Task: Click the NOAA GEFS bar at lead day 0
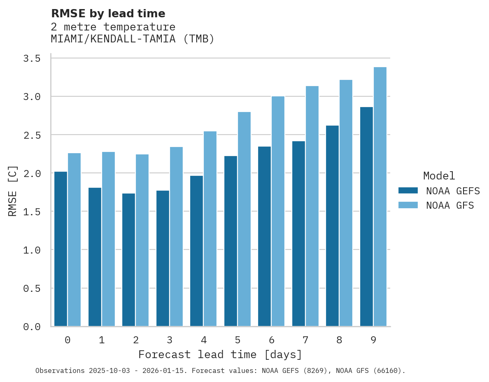[x=61, y=249]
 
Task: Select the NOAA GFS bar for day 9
[x=380, y=197]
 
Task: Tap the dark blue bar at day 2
[x=128, y=260]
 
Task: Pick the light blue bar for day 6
[x=278, y=211]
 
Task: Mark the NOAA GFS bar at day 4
[x=210, y=229]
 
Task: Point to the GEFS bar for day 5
[x=231, y=241]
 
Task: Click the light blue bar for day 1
[x=108, y=239]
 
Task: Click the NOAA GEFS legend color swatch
[x=408, y=191]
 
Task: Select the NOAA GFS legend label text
[x=450, y=205]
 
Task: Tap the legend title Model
[x=439, y=176]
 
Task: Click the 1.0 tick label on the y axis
[x=32, y=250]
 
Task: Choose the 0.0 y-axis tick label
[x=32, y=327]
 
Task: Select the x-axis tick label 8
[x=339, y=340]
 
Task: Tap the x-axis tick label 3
[x=169, y=340]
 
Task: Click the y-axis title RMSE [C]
[x=13, y=191]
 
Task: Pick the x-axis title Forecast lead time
[x=220, y=354]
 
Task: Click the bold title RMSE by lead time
[x=108, y=14]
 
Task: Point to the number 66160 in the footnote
[x=386, y=370]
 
